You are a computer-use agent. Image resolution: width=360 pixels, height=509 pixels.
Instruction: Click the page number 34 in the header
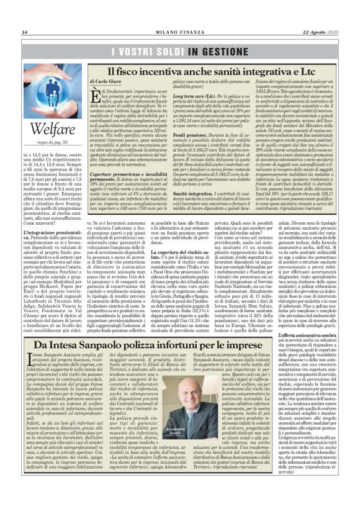(x=25, y=32)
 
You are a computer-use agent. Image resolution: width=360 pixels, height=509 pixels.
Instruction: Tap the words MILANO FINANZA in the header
(x=181, y=32)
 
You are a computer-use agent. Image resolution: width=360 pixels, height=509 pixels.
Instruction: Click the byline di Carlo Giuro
(x=106, y=81)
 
